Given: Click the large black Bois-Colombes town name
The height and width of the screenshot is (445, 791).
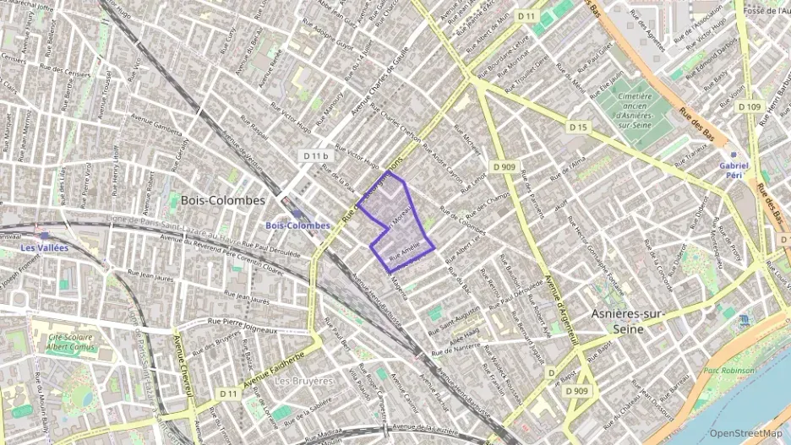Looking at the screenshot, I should pos(222,201).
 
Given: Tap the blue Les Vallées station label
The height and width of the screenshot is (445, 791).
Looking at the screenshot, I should pos(45,247).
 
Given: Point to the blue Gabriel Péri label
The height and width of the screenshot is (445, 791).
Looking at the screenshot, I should pos(734,171).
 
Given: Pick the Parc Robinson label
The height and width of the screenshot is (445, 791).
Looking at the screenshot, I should pos(728,371).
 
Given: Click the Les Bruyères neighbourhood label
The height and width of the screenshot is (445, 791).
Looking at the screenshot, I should pos(304,381).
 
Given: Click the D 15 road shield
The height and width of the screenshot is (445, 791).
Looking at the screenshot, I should pos(578,127).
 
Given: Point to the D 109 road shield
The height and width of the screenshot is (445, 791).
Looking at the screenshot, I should pos(749,106).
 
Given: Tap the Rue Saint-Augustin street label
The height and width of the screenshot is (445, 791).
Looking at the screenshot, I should pos(457,314).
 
